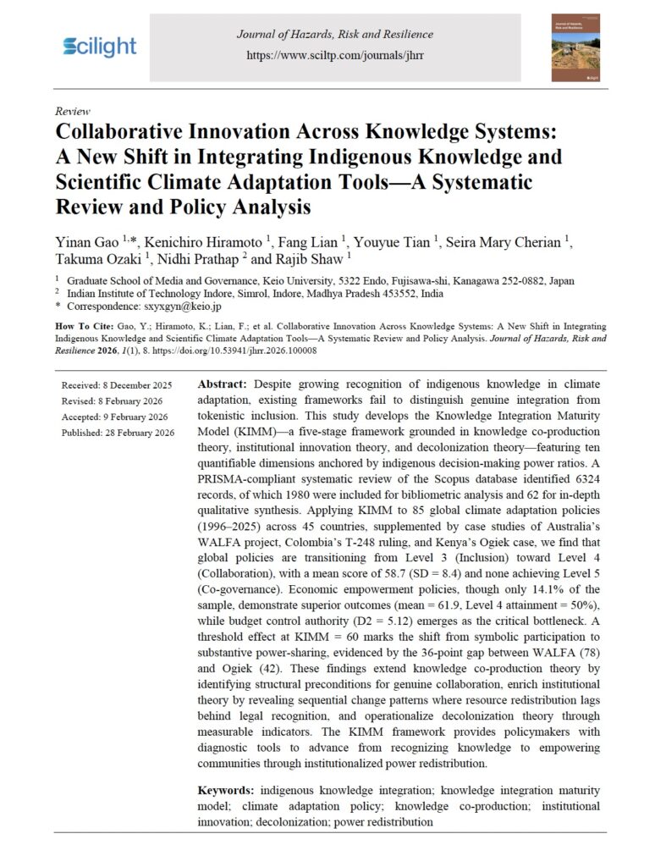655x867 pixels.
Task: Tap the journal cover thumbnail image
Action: tap(575, 47)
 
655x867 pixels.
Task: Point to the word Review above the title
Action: tap(72, 111)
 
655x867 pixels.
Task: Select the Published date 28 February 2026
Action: tap(118, 433)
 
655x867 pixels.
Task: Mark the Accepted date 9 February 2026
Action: tap(115, 417)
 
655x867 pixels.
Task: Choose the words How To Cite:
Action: tap(80, 324)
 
